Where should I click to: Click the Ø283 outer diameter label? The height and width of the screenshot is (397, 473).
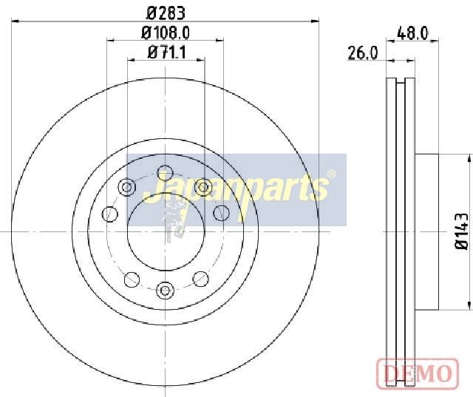[166, 13]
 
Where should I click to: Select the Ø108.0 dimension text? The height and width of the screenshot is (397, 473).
[166, 33]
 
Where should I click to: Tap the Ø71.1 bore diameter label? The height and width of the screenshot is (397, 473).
[167, 52]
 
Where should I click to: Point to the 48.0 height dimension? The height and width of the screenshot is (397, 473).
[412, 33]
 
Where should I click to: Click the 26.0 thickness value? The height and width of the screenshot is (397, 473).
[363, 53]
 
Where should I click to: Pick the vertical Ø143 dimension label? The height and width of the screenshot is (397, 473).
[461, 231]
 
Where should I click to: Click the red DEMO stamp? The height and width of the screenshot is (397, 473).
[418, 373]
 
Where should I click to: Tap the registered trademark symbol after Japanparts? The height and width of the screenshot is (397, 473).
[331, 174]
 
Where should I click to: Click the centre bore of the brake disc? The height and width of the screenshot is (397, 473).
[166, 231]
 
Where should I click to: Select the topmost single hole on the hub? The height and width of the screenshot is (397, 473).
[166, 173]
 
